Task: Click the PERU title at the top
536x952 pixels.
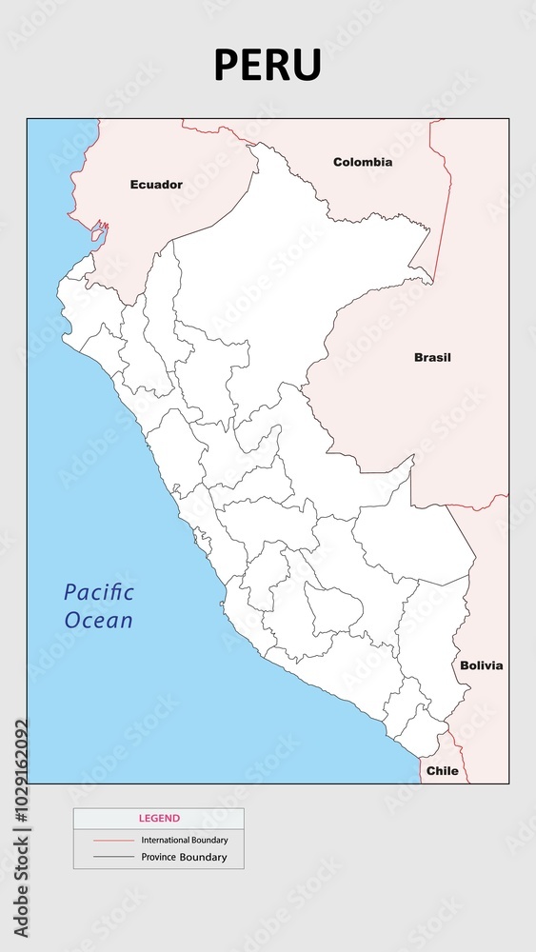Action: coord(268,66)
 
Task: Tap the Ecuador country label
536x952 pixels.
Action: coord(156,185)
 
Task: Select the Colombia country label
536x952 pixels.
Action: coord(362,162)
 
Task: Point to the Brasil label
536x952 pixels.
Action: coord(432,358)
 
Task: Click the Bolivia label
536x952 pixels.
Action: coord(481,665)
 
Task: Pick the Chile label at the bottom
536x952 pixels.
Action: coord(442,770)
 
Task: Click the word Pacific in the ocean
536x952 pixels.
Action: coord(99,592)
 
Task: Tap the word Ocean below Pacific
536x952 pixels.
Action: coord(99,620)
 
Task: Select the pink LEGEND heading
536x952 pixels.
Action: coord(159,818)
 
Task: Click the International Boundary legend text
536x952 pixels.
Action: coord(185,841)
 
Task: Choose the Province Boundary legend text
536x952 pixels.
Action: coord(184,858)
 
